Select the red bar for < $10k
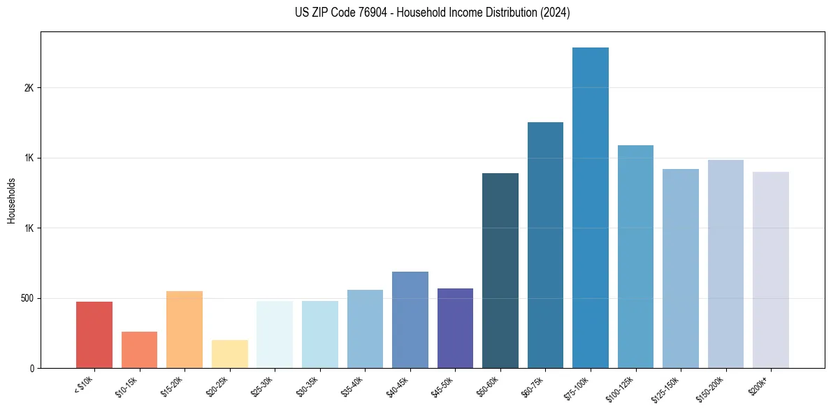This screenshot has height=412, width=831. (94, 334)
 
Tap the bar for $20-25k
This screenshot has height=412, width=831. (229, 354)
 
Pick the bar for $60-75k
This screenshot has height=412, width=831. (545, 245)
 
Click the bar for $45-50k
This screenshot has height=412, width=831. (455, 328)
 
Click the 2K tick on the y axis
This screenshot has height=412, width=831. (29, 88)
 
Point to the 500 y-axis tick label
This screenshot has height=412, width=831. (27, 298)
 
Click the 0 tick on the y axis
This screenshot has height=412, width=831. (31, 368)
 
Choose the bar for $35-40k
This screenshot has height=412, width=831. (365, 329)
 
